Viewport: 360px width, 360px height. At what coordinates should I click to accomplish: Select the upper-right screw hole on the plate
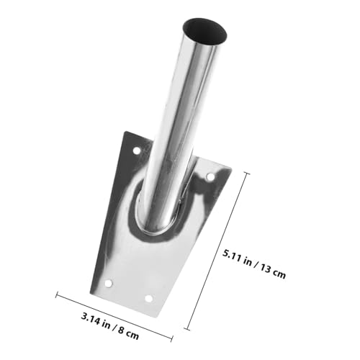click(210, 176)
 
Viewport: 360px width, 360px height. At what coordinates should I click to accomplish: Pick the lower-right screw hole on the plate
click(149, 298)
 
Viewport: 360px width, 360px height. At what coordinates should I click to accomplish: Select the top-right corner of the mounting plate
click(230, 168)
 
